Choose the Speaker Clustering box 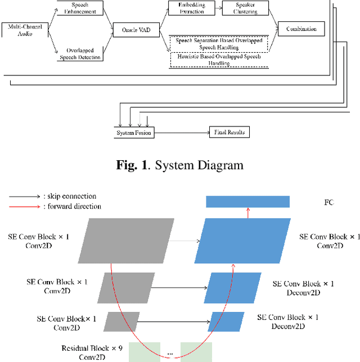(x=244, y=7)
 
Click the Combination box (x=301, y=29)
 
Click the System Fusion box (x=133, y=133)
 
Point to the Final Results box (x=229, y=133)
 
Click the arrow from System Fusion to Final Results (x=181, y=133)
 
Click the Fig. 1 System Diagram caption (x=179, y=165)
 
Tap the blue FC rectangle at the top (x=247, y=202)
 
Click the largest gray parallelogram (x=131, y=241)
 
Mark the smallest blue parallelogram (x=227, y=322)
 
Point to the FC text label (x=329, y=202)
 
